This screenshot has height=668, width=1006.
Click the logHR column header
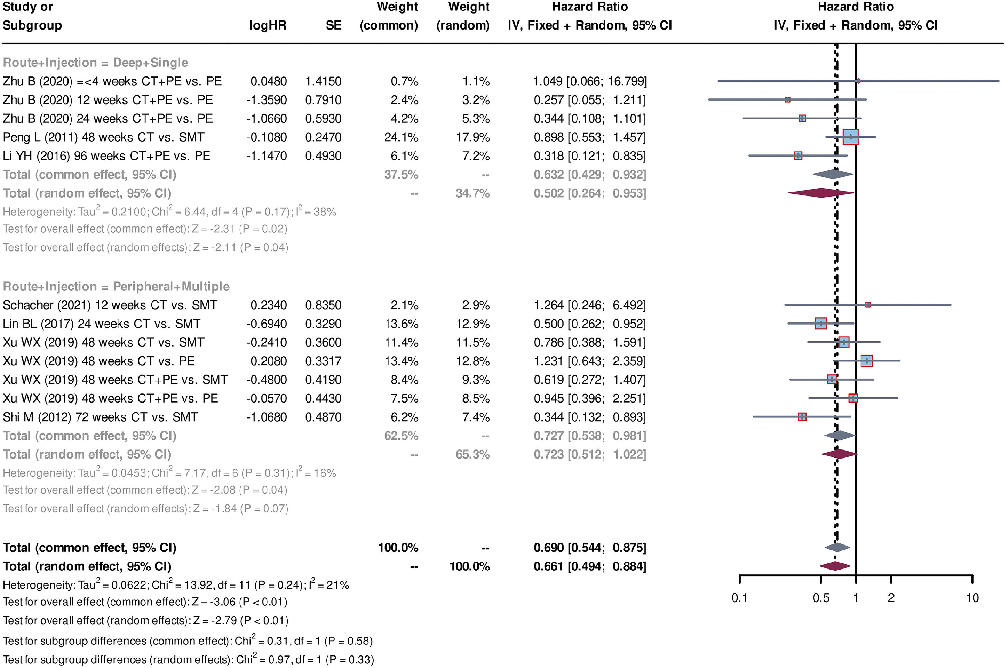point(267,25)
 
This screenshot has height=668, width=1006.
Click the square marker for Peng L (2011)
point(850,137)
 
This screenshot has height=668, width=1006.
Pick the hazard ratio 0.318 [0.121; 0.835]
point(590,156)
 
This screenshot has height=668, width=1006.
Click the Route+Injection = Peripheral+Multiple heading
point(116,286)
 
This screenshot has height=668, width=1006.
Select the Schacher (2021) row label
point(110,305)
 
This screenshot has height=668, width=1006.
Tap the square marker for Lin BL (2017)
point(821,323)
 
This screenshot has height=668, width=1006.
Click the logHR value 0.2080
point(268,361)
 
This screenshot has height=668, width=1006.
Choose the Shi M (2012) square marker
point(802,417)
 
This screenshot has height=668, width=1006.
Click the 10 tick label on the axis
point(972,598)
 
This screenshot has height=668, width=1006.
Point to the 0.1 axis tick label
point(739,598)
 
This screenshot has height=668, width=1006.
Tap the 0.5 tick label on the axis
point(821,598)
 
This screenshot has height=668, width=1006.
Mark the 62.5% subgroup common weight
point(401,436)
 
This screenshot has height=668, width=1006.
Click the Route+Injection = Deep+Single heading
point(95,63)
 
